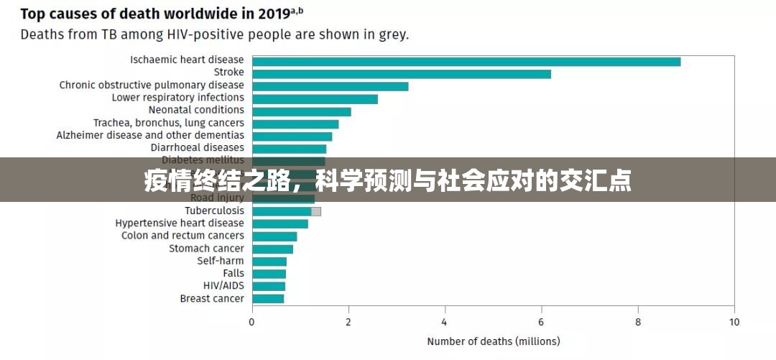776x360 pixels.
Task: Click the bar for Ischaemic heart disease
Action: pyautogui.click(x=466, y=61)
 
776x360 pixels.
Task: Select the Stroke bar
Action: pyautogui.click(x=402, y=73)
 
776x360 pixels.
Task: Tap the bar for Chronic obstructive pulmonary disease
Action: pyautogui.click(x=331, y=86)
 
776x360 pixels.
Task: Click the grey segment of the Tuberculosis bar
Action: pyautogui.click(x=316, y=211)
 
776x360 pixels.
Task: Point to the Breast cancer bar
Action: pyautogui.click(x=268, y=298)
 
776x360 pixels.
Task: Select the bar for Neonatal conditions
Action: pyautogui.click(x=302, y=111)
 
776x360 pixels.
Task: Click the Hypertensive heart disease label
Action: pyautogui.click(x=180, y=223)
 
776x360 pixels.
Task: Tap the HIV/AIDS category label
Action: pyautogui.click(x=223, y=285)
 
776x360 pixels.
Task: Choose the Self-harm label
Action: pyautogui.click(x=221, y=261)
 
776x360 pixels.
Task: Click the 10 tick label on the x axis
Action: pyautogui.click(x=734, y=323)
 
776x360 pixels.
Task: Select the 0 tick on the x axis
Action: pyautogui.click(x=252, y=323)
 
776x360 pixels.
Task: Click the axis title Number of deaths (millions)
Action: pyautogui.click(x=493, y=342)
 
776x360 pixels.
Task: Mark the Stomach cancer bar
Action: pyautogui.click(x=273, y=249)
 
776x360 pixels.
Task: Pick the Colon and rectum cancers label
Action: pyautogui.click(x=183, y=236)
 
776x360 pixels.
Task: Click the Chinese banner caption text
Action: pyautogui.click(x=388, y=181)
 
